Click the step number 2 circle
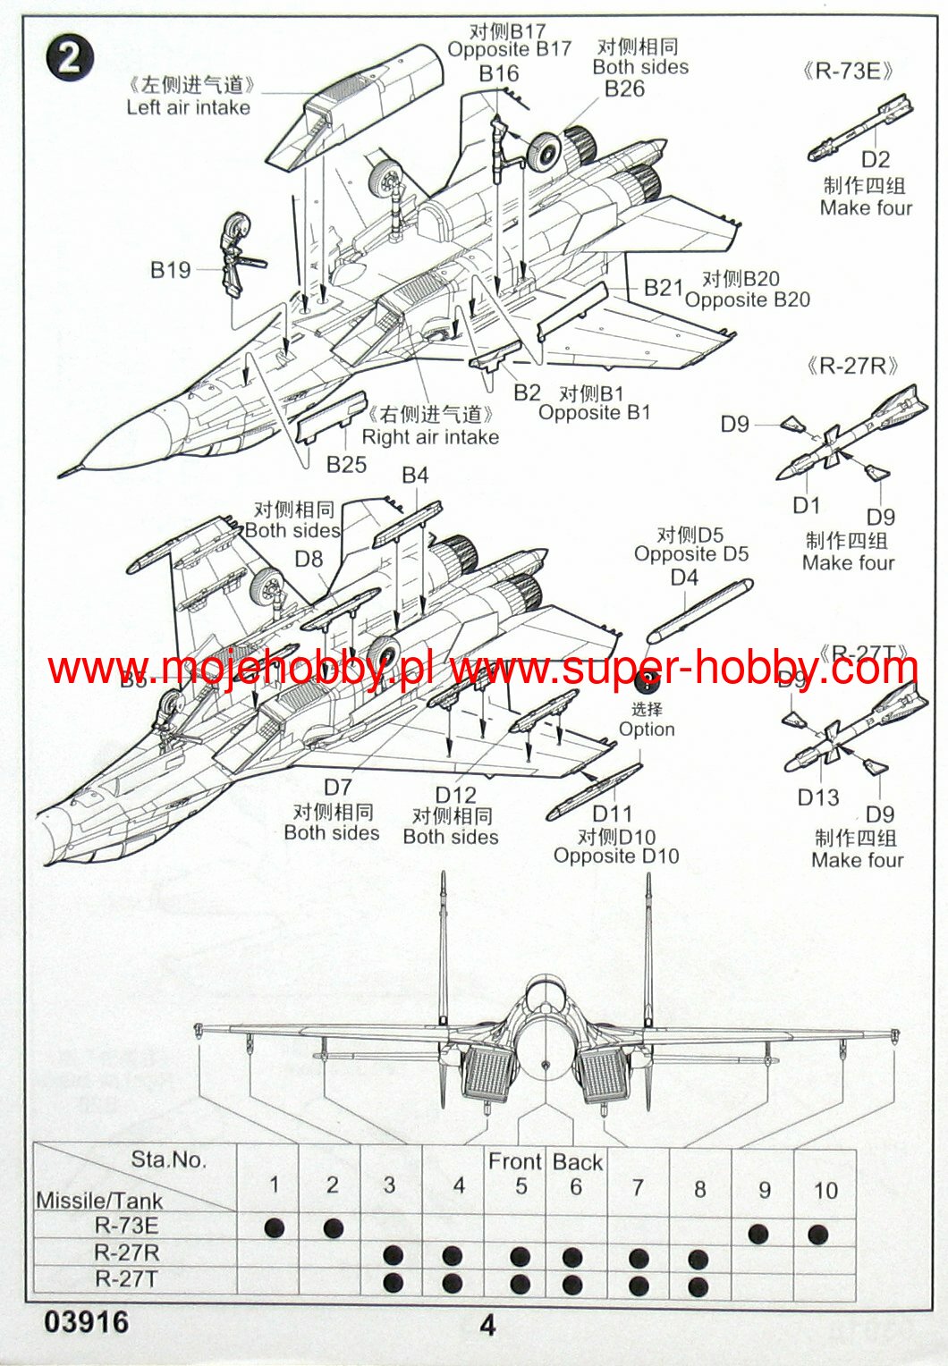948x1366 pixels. point(70,59)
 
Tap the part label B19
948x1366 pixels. point(170,270)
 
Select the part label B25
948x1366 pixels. point(346,464)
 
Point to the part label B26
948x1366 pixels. point(624,89)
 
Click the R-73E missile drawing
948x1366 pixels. point(859,125)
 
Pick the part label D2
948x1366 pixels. point(876,159)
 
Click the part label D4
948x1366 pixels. point(684,578)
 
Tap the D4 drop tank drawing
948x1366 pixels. point(699,611)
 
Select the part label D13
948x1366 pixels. point(818,797)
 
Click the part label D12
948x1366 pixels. point(455,795)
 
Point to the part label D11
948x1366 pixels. point(613,814)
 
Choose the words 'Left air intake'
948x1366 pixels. point(188,107)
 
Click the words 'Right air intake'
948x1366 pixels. point(430,437)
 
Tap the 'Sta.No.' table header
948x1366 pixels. point(168,1159)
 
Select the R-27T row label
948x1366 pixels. point(125,1279)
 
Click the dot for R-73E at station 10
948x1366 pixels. point(817,1235)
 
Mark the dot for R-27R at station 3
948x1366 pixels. point(393,1255)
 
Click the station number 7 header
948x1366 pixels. point(638,1188)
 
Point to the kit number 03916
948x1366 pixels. point(86,1322)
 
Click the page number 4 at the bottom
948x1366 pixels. point(487,1325)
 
